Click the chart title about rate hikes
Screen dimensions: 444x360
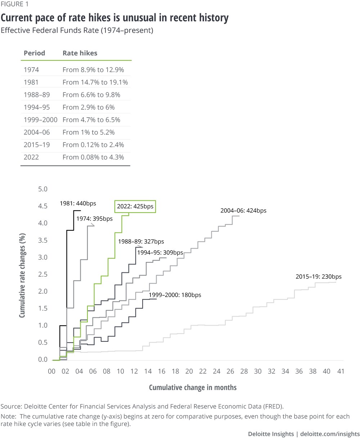(x=114, y=18)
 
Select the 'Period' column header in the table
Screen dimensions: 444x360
(x=34, y=53)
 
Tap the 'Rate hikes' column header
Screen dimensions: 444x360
(x=80, y=53)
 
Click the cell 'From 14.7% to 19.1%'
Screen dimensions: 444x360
(x=95, y=82)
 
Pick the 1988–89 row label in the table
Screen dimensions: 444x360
(x=37, y=95)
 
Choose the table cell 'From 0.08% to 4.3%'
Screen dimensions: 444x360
(x=93, y=157)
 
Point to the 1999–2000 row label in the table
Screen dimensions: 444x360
(x=40, y=120)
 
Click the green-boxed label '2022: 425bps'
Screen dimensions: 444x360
(x=135, y=207)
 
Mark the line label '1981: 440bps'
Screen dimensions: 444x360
(x=78, y=204)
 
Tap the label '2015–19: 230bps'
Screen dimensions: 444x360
(x=318, y=277)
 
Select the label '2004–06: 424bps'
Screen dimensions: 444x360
(x=243, y=211)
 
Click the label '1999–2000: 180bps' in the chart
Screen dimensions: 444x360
(x=175, y=295)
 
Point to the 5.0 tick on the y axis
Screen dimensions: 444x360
(x=43, y=189)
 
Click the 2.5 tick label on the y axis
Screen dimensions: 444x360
(x=43, y=275)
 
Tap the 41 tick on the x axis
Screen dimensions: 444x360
(x=341, y=371)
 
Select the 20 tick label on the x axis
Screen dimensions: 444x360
(x=189, y=371)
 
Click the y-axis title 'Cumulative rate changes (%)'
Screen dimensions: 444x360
(x=22, y=275)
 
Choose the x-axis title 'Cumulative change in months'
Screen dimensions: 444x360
(x=193, y=388)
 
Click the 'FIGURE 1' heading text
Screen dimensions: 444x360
(x=15, y=4)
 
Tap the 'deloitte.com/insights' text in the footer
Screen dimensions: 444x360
(x=330, y=434)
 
